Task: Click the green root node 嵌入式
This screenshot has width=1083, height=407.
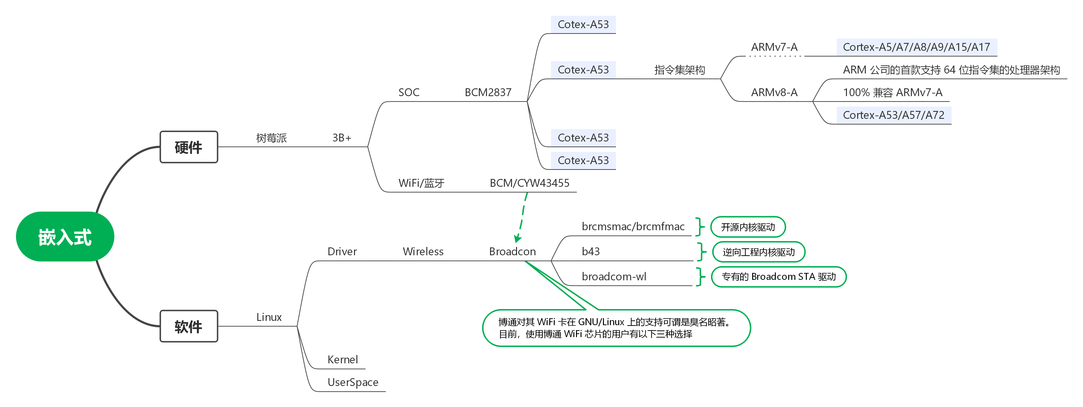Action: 65,236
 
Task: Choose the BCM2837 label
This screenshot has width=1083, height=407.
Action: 488,92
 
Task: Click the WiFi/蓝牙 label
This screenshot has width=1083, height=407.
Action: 421,183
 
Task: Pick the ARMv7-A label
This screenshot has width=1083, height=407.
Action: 774,47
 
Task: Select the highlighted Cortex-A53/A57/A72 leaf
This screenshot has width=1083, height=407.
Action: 894,115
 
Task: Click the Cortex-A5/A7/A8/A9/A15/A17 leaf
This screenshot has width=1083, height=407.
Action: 917,47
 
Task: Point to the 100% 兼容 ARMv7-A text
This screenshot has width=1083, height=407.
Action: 893,92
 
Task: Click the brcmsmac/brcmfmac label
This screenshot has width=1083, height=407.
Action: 633,227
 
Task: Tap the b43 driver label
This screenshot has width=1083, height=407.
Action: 591,252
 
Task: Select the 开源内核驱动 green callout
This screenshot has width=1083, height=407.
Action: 748,227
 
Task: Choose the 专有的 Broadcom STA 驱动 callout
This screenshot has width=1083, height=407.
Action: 779,277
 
